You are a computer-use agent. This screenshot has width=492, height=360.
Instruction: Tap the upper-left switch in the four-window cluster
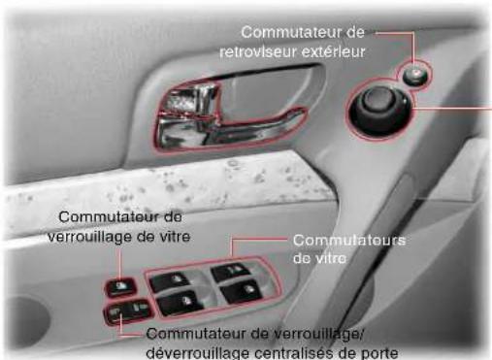point(174,282)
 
